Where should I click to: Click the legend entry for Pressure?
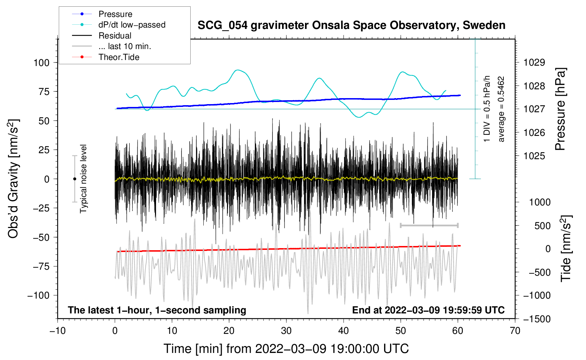102,14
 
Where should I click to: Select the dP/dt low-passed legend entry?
119,25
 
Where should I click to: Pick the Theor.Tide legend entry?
106,57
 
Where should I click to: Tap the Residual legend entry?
102,36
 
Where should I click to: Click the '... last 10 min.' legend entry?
112,46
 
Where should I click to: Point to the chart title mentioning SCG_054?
351,25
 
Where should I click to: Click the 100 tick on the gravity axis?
41,63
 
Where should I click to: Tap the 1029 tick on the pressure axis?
534,62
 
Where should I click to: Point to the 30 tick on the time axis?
286,331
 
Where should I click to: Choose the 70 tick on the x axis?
515,331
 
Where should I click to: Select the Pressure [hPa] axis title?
560,109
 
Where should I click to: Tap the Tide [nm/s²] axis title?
566,248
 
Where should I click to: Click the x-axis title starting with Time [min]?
286,349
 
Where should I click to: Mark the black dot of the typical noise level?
74,179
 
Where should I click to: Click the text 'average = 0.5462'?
501,109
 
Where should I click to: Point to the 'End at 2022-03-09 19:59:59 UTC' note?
428,310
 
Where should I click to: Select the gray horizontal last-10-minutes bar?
429,225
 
